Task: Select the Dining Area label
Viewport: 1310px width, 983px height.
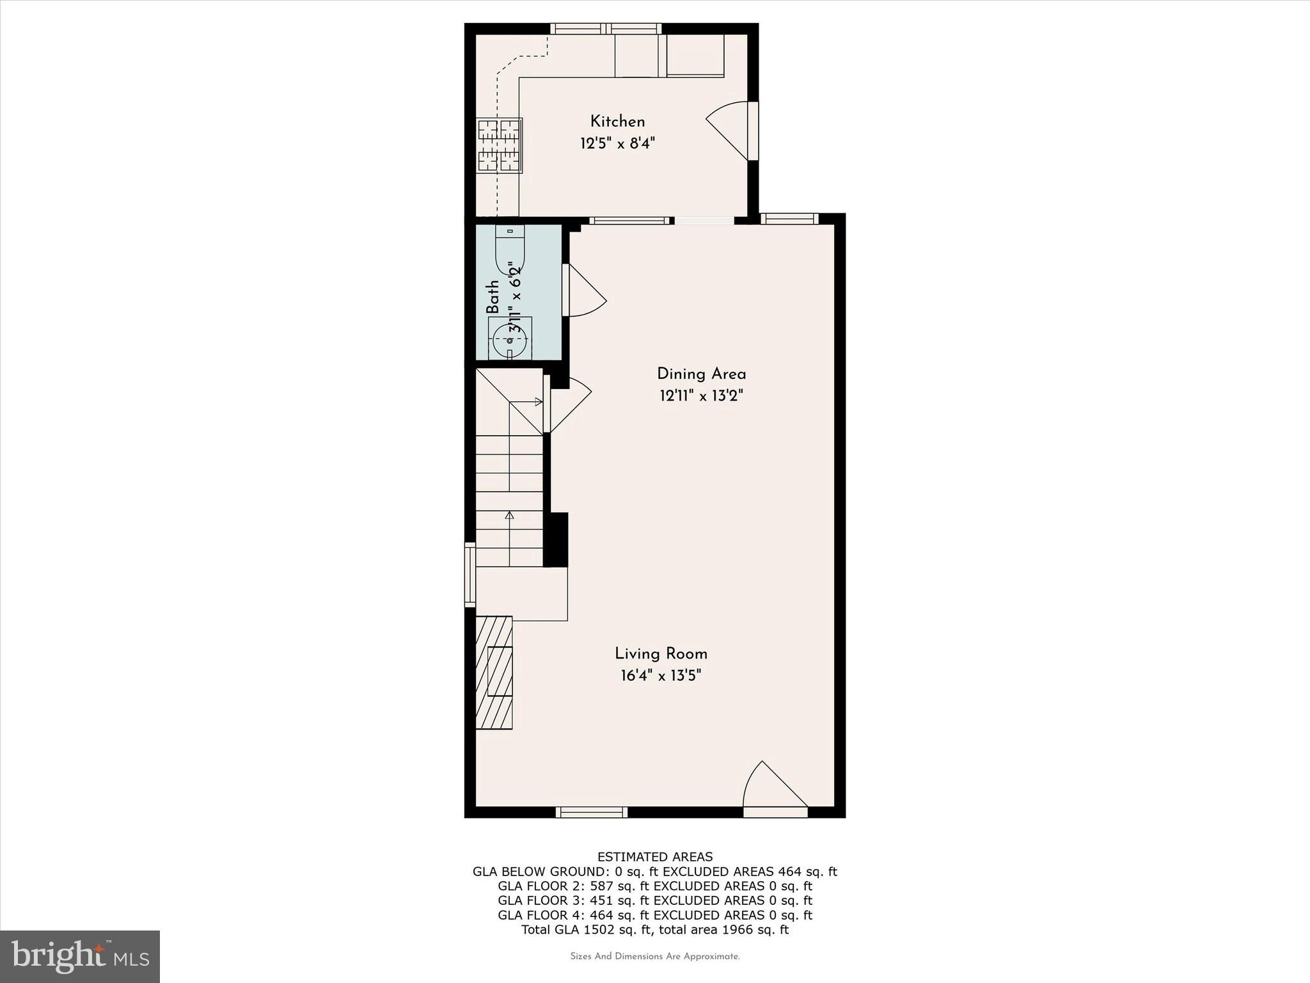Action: [701, 374]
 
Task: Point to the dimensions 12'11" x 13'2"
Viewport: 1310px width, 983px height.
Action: [701, 396]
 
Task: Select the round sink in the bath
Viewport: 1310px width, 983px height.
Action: [510, 340]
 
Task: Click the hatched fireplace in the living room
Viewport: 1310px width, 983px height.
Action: [494, 672]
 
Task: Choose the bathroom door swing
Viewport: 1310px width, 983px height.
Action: [584, 291]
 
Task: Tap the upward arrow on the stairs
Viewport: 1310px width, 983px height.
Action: [509, 516]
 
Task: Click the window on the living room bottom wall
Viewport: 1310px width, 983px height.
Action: [591, 812]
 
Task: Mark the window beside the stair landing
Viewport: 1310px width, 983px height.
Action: [470, 575]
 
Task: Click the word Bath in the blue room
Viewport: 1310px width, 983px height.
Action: [493, 297]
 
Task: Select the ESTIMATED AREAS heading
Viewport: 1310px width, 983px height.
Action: [654, 857]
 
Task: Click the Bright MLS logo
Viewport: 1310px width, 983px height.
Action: [80, 956]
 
